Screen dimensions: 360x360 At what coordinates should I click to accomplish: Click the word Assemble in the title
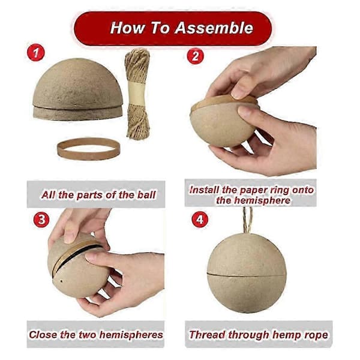tap(214, 28)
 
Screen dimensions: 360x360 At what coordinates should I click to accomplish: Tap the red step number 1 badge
tap(35, 53)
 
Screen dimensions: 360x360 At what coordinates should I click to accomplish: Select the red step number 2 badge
tap(195, 56)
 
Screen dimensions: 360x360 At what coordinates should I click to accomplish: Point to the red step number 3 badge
tap(41, 219)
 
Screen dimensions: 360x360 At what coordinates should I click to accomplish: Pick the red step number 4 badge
tap(200, 219)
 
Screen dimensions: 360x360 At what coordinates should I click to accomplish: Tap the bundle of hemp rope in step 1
tap(137, 94)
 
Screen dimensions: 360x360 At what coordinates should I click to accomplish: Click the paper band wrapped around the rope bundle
tap(137, 93)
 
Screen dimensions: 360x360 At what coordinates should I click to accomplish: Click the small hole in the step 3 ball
tap(61, 281)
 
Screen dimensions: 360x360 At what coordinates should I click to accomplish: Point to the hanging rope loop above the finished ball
tap(248, 220)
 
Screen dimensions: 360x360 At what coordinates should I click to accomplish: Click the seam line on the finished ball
tap(247, 275)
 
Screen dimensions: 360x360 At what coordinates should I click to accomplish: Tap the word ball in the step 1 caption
tap(146, 195)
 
